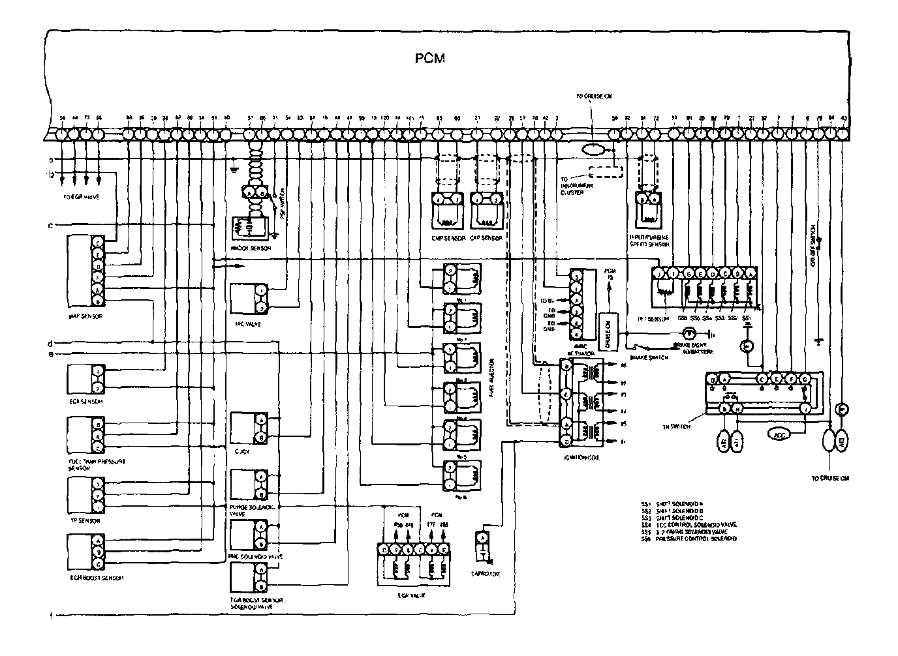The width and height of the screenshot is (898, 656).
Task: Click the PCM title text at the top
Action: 430,59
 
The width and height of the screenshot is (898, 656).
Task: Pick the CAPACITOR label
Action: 485,574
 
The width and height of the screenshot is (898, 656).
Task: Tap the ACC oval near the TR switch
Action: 779,434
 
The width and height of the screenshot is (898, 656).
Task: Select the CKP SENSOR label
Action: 486,239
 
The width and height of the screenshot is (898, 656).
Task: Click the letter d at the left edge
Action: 50,343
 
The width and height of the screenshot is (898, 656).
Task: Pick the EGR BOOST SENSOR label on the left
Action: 97,578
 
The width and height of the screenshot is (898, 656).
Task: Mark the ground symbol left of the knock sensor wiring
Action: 234,171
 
